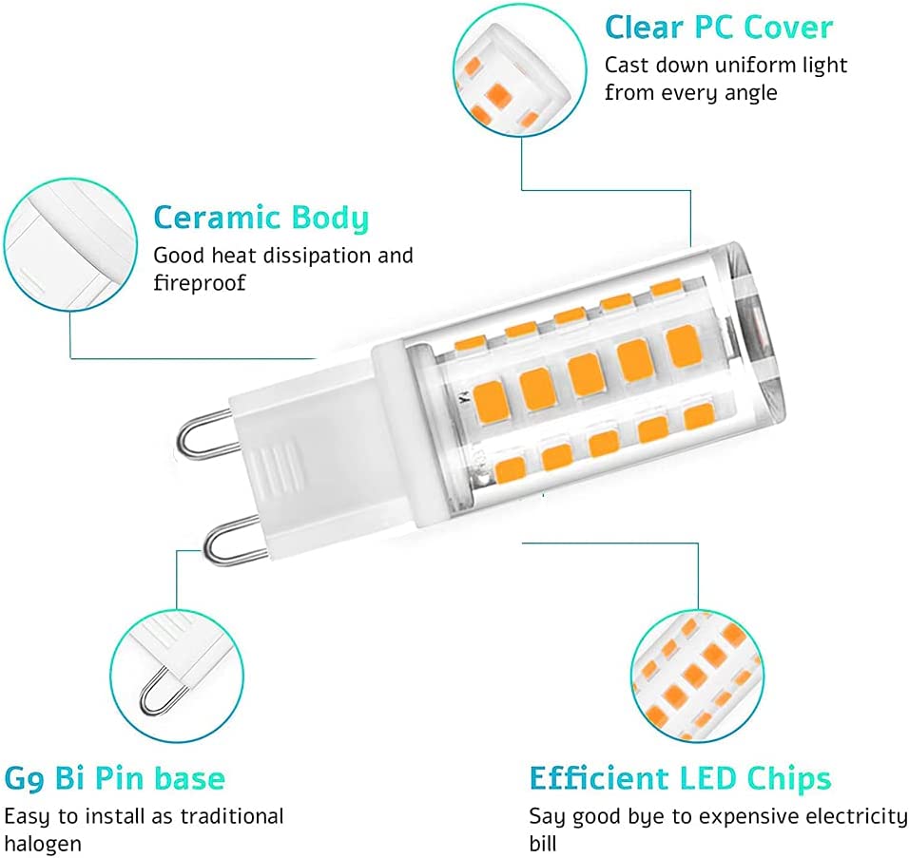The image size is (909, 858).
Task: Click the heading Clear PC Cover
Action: click(x=718, y=28)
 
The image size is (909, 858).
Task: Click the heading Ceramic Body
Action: click(x=261, y=219)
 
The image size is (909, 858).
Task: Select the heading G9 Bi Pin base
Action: click(x=115, y=779)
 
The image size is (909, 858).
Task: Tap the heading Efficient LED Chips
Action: click(x=680, y=779)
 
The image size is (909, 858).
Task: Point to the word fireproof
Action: click(x=200, y=283)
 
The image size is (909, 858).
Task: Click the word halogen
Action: click(x=43, y=844)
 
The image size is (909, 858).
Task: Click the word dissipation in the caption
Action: click(x=319, y=256)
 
